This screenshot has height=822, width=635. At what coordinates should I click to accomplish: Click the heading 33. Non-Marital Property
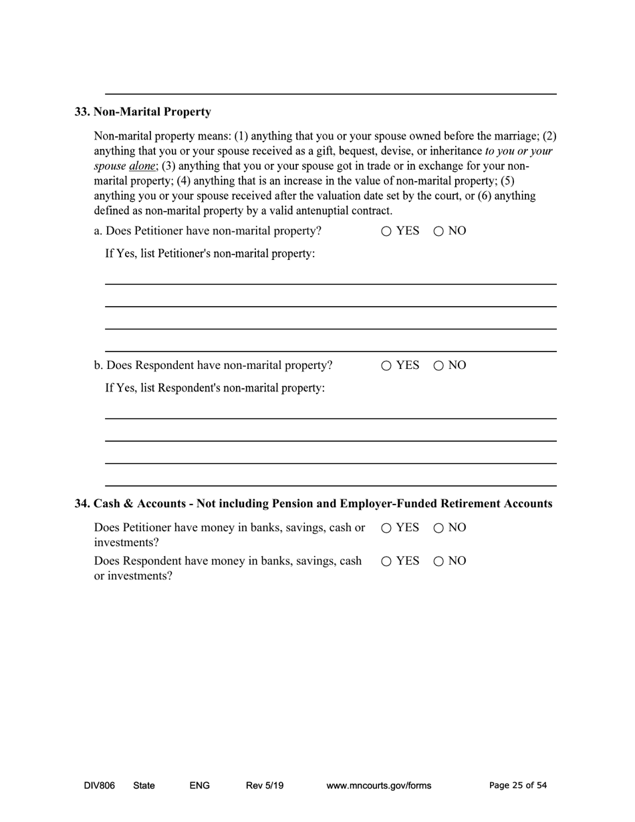coord(142,112)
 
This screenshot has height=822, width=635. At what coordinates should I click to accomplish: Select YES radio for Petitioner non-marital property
coord(386,231)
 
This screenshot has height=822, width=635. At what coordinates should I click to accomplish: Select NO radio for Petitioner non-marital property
coord(438,231)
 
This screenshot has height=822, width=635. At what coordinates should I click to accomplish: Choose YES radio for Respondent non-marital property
coord(386,366)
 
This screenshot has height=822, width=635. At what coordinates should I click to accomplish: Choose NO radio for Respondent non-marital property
coord(438,366)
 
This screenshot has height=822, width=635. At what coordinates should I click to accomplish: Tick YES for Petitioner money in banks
coord(386,528)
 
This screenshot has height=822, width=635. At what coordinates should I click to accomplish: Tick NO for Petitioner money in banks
coord(438,528)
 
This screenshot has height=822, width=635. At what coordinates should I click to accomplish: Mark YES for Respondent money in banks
coord(386,561)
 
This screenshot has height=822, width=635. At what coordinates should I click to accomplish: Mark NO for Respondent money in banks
coord(438,561)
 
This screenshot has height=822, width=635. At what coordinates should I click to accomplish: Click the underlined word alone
coord(142,166)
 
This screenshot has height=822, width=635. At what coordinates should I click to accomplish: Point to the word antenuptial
coord(317,211)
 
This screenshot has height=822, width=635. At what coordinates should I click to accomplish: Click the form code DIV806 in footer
coord(99,785)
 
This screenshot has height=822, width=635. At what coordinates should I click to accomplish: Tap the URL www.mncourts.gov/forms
coord(378,785)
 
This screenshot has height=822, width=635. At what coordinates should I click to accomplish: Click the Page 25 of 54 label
coord(517,785)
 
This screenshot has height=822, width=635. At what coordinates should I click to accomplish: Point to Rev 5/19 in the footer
coord(265,785)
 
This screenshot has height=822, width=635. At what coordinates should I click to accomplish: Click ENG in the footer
coord(199,785)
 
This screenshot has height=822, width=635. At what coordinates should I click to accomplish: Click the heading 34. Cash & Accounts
coord(313,503)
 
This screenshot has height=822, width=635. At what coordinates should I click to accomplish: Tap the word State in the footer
coord(144,785)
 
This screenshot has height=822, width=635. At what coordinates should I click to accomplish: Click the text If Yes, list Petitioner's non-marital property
coord(210,254)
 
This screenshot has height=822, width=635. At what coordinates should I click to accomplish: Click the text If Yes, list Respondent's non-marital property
coord(215,388)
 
